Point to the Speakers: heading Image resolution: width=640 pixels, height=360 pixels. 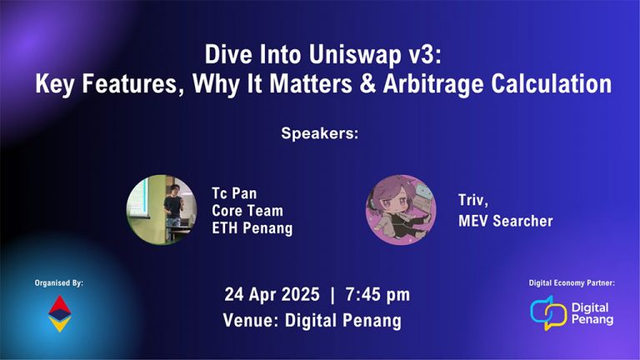[319, 133]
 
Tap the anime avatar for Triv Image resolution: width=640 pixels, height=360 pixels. [401, 210]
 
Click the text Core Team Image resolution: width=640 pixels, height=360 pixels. [247, 211]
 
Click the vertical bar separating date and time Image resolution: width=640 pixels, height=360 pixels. [332, 295]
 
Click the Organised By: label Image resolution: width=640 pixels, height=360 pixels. [60, 283]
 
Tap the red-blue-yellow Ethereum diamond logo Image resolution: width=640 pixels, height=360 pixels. [60, 314]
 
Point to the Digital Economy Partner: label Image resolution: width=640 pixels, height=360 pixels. [572, 283]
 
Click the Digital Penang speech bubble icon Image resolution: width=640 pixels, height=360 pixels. [547, 312]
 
